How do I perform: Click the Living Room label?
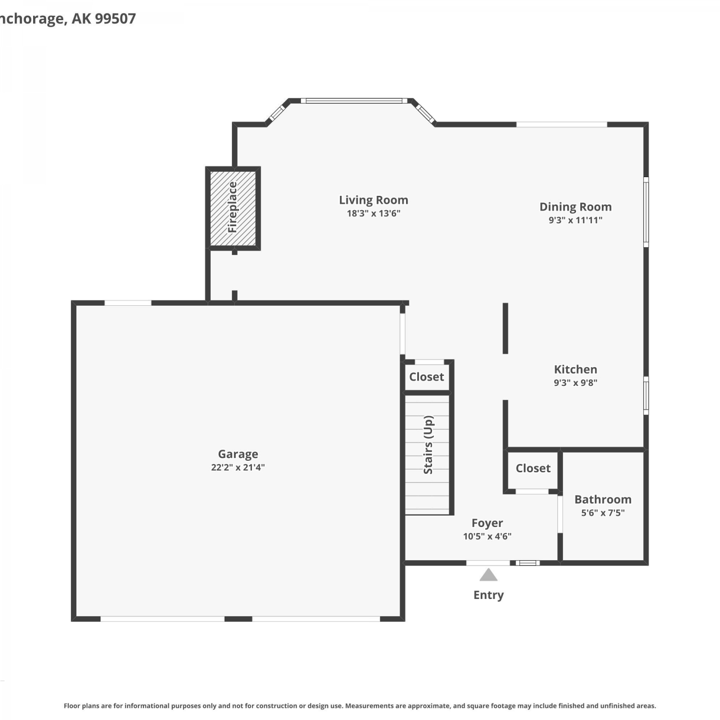(373, 200)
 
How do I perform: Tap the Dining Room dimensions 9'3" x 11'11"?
(576, 220)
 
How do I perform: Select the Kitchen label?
(576, 370)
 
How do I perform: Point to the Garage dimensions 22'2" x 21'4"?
(238, 468)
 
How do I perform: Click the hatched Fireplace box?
(233, 208)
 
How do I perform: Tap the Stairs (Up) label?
(428, 445)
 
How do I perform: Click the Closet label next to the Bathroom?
(533, 468)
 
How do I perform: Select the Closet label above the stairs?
(426, 377)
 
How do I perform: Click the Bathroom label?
(603, 499)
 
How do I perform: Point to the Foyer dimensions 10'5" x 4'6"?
(487, 537)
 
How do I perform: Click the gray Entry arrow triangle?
(489, 575)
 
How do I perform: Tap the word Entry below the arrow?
(489, 595)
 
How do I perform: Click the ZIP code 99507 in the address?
(115, 18)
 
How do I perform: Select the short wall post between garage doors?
(239, 619)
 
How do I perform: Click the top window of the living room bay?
(354, 101)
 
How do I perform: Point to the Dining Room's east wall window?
(646, 212)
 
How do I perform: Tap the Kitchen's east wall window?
(646, 396)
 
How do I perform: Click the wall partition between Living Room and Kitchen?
(505, 328)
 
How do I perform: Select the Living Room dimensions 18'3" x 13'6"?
(373, 214)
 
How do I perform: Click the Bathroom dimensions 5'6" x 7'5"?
(603, 513)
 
